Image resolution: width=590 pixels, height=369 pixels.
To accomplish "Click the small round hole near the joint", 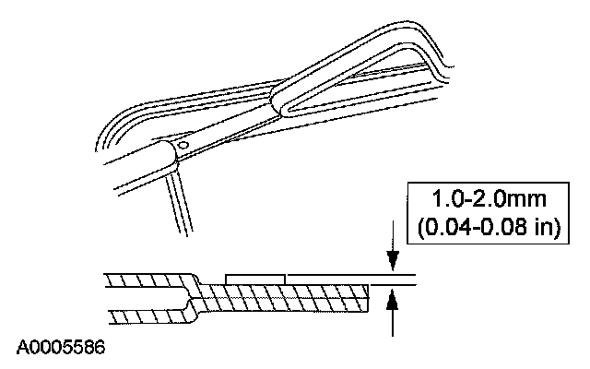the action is point(183,144).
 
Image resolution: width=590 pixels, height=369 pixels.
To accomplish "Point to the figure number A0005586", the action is point(60,348).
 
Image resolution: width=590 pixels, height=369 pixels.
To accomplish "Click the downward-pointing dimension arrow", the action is point(394,261).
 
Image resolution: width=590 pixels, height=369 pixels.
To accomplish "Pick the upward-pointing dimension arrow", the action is point(394,300).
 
